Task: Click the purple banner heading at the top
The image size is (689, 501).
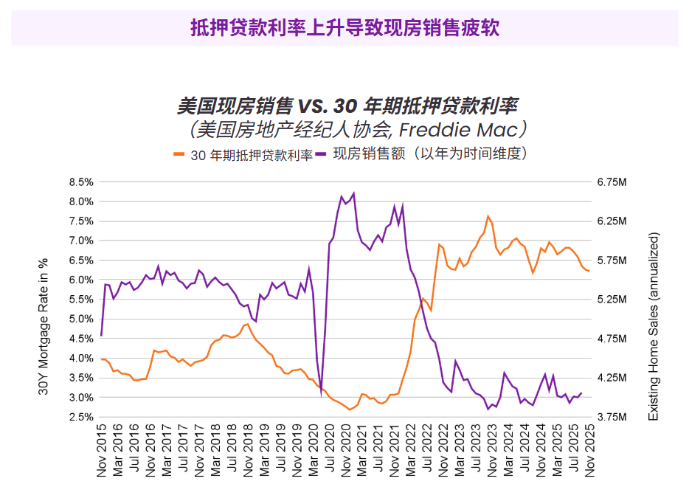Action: coord(344,28)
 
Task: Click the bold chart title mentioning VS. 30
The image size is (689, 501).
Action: coord(353,106)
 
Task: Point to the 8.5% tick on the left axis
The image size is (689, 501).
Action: coord(81,182)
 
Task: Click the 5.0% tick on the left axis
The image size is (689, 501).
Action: coord(81,319)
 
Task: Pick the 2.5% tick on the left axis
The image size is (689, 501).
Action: coord(81,418)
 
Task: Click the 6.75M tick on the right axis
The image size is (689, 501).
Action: coord(612,182)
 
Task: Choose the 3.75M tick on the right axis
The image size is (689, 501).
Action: coord(612,418)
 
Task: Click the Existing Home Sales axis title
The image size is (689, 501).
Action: coord(653,327)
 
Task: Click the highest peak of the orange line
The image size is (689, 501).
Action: coord(488,216)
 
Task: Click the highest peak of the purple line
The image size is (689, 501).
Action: coord(354,193)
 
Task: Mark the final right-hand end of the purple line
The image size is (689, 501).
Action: coord(581,393)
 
